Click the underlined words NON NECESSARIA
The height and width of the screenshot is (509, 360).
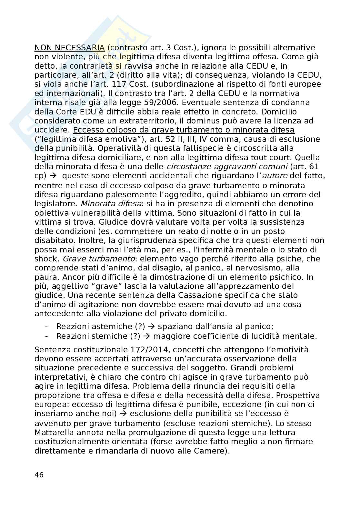[69, 48]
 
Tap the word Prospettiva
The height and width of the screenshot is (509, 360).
[298, 395]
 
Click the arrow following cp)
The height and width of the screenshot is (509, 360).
[54, 176]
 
